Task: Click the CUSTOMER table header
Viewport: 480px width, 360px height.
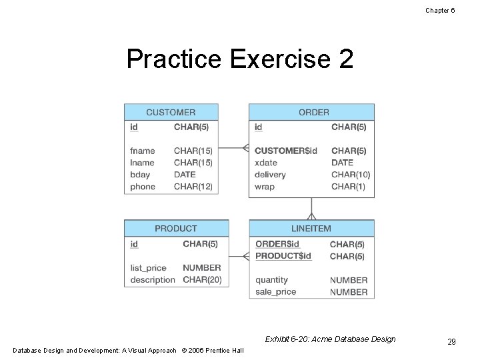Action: point(171,112)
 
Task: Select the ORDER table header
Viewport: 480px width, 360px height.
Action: point(313,112)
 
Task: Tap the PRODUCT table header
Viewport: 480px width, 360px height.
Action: point(176,229)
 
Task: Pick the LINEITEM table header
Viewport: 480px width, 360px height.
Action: point(311,229)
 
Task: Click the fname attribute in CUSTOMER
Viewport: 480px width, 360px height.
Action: point(142,151)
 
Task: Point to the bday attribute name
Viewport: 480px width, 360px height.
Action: point(140,175)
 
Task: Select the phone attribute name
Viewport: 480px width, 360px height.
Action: point(143,187)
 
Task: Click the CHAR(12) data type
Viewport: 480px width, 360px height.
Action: point(193,187)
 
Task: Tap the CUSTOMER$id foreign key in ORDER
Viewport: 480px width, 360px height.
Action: point(286,151)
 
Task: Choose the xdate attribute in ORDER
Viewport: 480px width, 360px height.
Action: point(265,163)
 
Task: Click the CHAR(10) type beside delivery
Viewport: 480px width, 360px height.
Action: point(351,175)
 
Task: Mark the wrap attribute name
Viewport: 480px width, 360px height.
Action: point(264,187)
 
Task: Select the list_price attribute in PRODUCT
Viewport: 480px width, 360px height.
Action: point(148,268)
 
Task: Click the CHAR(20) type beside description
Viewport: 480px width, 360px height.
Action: point(202,280)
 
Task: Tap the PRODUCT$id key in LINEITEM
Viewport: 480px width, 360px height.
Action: point(283,256)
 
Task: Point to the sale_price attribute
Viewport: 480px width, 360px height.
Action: point(275,292)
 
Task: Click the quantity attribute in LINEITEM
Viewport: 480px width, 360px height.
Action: point(271,280)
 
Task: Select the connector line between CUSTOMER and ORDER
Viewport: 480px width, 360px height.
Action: point(233,148)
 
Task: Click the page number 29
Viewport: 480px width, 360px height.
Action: point(451,342)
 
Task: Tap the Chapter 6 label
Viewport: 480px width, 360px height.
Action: point(441,10)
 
